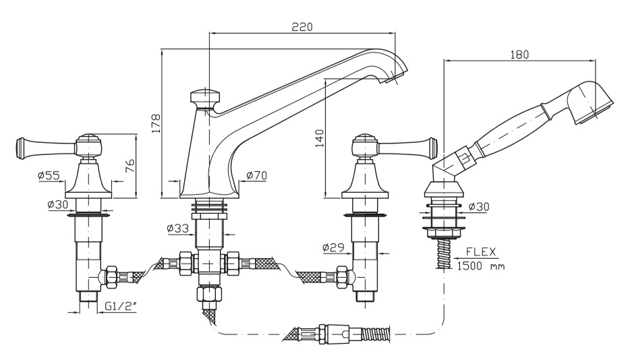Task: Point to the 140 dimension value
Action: pyautogui.click(x=320, y=138)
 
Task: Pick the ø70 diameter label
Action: pyautogui.click(x=256, y=175)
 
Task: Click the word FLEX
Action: pyautogui.click(x=480, y=253)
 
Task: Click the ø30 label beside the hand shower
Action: pyautogui.click(x=481, y=206)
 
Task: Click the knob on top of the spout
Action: pyautogui.click(x=204, y=98)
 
